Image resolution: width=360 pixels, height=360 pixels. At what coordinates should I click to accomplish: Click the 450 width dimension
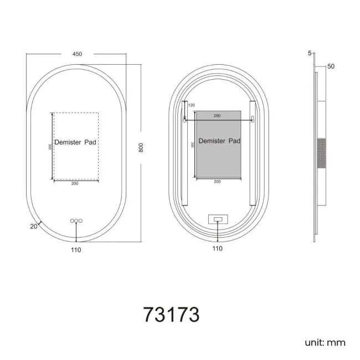pyautogui.click(x=77, y=54)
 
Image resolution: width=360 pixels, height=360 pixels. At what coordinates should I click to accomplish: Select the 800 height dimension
pyautogui.click(x=141, y=148)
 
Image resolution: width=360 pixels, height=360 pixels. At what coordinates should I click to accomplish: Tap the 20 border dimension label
pyautogui.click(x=33, y=226)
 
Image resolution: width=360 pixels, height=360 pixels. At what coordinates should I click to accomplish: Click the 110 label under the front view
pyautogui.click(x=76, y=250)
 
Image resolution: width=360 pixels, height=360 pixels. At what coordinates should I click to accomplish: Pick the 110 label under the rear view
pyautogui.click(x=217, y=249)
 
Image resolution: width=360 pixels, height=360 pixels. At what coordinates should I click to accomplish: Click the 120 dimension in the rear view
pyautogui.click(x=192, y=105)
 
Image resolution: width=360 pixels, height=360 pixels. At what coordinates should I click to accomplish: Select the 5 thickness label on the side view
pyautogui.click(x=309, y=53)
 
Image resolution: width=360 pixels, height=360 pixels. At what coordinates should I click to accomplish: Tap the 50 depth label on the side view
pyautogui.click(x=331, y=66)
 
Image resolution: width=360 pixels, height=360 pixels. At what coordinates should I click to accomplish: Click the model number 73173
pyautogui.click(x=171, y=314)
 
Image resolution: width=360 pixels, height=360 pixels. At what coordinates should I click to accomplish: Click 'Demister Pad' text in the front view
pyautogui.click(x=76, y=142)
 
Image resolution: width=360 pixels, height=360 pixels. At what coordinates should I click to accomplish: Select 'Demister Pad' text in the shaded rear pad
pyautogui.click(x=219, y=141)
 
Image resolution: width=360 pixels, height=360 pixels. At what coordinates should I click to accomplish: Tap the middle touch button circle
pyautogui.click(x=76, y=221)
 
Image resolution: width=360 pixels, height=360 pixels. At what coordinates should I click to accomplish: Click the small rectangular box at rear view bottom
pyautogui.click(x=218, y=219)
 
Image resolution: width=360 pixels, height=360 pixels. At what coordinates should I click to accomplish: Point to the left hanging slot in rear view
pyautogui.click(x=184, y=119)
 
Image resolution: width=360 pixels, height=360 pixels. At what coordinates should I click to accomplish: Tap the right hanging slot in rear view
pyautogui.click(x=253, y=119)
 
